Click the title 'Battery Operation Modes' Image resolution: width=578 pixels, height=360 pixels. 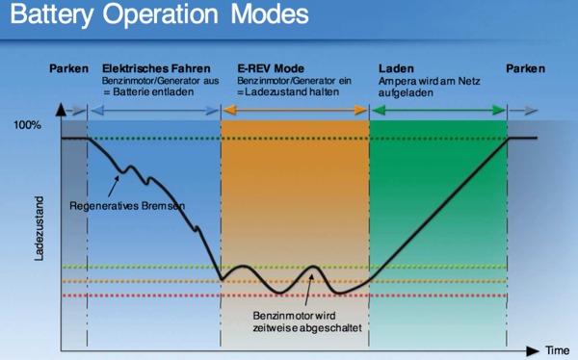point(160,17)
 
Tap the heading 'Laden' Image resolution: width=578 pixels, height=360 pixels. point(395,69)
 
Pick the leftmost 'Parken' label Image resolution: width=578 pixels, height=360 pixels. point(69,69)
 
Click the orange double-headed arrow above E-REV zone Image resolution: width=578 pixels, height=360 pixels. point(295,111)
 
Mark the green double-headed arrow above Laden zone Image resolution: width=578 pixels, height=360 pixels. point(438,111)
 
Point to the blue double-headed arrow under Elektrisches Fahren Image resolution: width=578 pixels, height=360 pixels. point(153,111)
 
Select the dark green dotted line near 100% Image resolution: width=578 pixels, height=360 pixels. point(289,140)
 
